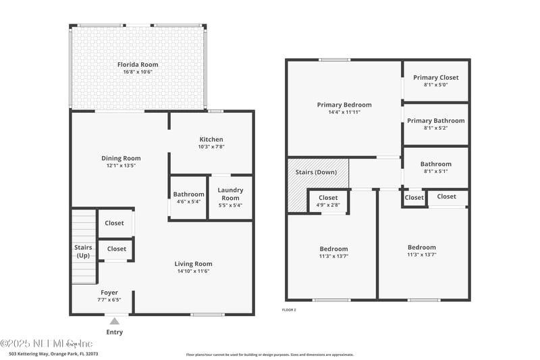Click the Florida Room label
coord(138,65)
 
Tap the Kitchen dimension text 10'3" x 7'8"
coord(211,147)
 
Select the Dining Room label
coord(122,158)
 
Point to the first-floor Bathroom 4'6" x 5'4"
coord(188,197)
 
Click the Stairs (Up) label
coord(83,251)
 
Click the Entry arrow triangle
coord(115,322)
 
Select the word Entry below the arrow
coord(115,332)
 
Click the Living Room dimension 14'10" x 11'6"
coord(194,271)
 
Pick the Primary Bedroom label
coord(344,105)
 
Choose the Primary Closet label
coord(435,78)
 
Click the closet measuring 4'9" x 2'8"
coord(328,201)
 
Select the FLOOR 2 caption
coord(289,309)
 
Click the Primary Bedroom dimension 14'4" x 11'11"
coord(344,112)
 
